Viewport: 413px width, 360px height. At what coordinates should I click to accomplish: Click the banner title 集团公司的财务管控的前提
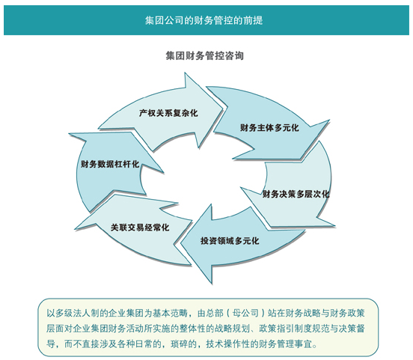(x=204, y=20)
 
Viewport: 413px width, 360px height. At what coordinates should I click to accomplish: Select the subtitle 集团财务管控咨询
(x=205, y=55)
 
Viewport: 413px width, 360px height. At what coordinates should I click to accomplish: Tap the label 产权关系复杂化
(x=168, y=113)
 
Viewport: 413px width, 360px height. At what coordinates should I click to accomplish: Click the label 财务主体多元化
(x=269, y=128)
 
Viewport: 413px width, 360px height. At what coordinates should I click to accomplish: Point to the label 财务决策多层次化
(x=296, y=195)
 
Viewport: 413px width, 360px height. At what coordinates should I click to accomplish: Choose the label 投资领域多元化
(x=230, y=240)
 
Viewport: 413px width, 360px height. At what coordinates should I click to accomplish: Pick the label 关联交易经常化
(x=140, y=228)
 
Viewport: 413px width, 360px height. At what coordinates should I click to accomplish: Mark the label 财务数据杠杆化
(x=110, y=164)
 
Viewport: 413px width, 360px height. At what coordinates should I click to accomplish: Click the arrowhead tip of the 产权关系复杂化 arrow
(x=222, y=107)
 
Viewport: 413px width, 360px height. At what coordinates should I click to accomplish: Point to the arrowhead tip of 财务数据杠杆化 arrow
(x=70, y=134)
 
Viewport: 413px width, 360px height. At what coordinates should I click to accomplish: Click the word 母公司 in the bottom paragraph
(x=245, y=314)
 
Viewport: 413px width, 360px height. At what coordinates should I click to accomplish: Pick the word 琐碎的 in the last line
(x=183, y=344)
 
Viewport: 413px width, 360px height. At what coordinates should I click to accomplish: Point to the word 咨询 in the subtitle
(x=234, y=55)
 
